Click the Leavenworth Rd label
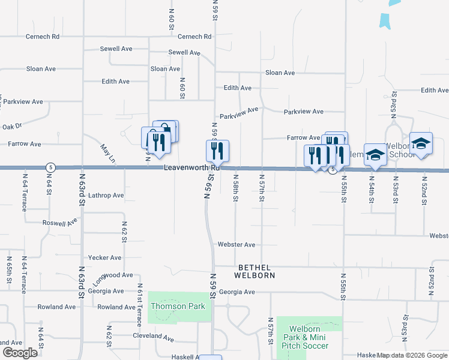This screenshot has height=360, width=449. click(192, 167)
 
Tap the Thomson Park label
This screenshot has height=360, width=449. click(178, 306)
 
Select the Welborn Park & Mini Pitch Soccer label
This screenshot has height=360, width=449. click(309, 337)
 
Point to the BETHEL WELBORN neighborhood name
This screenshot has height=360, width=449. click(256, 271)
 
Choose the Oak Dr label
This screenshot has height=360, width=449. click(11, 126)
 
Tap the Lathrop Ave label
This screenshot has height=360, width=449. click(106, 196)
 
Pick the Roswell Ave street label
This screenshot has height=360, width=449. click(60, 223)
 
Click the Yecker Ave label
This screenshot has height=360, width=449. click(104, 257)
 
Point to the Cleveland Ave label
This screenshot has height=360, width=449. click(153, 337)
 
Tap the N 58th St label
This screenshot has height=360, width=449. click(236, 188)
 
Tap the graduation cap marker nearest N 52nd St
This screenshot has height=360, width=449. click(421, 144)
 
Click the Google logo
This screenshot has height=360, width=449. click(20, 353)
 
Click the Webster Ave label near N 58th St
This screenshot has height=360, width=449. click(237, 245)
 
